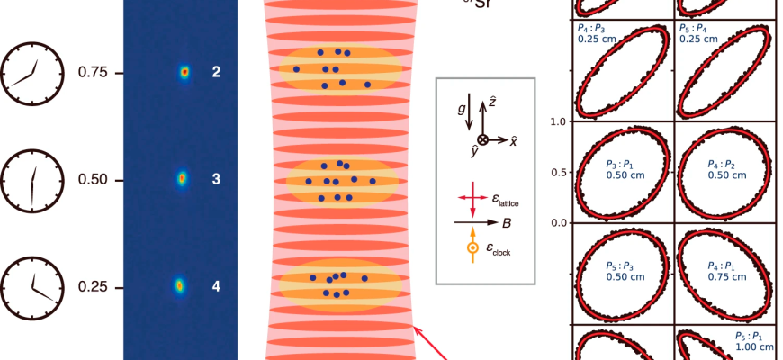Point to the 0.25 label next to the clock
(93, 287)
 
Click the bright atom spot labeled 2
(184, 71)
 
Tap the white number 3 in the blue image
(216, 179)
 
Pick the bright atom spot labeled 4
(179, 286)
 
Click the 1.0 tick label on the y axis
(558, 121)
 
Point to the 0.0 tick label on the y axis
(558, 222)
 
